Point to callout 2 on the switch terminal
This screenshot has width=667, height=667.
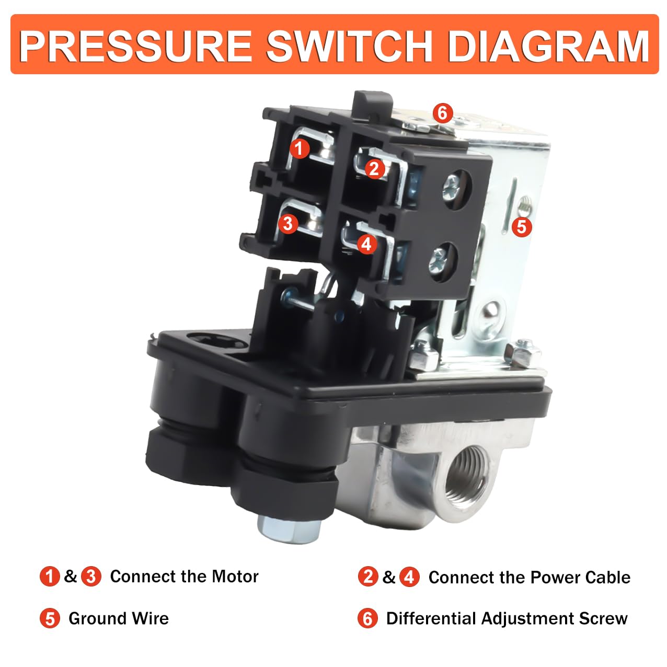(x=374, y=169)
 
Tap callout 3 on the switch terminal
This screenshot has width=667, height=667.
(x=288, y=224)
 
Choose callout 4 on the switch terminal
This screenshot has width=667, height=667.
(x=366, y=244)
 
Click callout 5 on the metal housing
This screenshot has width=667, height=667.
(x=521, y=227)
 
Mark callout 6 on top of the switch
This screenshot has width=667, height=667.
(x=442, y=112)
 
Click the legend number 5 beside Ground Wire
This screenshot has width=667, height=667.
(x=50, y=619)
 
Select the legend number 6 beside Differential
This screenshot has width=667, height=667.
(x=367, y=619)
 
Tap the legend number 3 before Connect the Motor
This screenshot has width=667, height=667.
(x=91, y=577)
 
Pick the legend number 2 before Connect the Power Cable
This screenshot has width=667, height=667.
(x=368, y=577)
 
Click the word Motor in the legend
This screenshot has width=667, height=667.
(x=235, y=577)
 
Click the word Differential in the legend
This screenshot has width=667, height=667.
(x=432, y=618)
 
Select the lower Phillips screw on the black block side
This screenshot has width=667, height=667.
(x=438, y=258)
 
